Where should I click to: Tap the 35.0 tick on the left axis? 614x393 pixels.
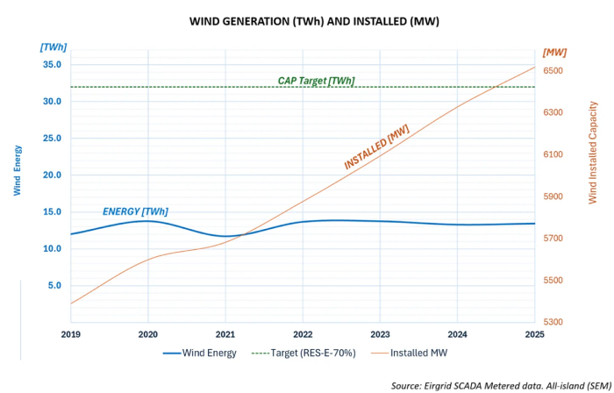(x=51, y=65)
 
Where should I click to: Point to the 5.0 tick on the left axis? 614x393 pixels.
(x=54, y=285)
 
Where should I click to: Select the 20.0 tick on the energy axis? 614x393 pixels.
(x=51, y=175)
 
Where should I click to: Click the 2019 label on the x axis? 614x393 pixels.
(x=70, y=335)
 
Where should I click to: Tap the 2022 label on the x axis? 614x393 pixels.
(x=303, y=335)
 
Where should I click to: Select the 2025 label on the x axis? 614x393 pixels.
(x=534, y=335)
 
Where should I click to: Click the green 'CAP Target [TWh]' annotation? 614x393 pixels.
(x=316, y=81)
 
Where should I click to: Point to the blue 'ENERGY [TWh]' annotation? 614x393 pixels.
(x=135, y=211)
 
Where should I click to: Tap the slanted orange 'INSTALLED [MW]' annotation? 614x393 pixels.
(x=376, y=146)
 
